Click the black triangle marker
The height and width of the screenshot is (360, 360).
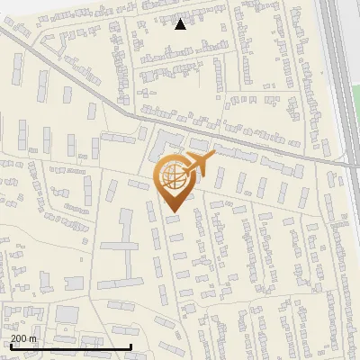[x=180, y=24]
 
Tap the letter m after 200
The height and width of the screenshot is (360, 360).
[x=33, y=338]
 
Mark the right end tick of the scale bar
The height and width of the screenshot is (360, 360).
[x=131, y=346]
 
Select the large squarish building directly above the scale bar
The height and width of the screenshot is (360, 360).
[x=67, y=316]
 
